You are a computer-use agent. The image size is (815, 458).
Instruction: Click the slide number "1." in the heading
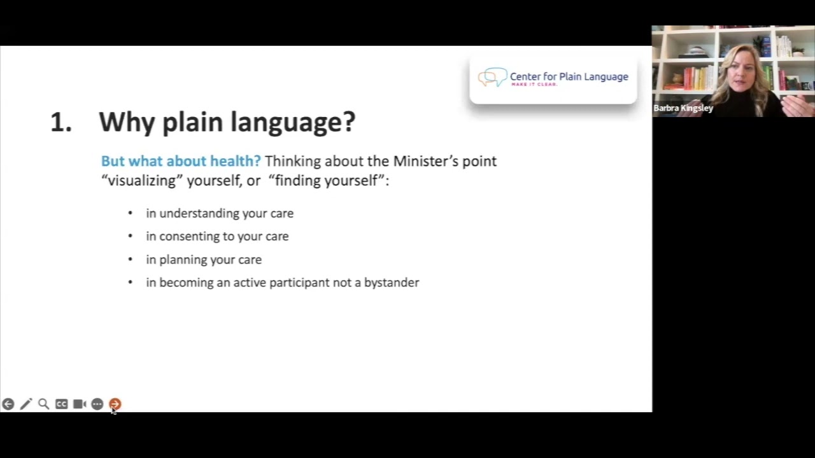(x=60, y=122)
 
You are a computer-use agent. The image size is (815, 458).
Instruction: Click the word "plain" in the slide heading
(x=193, y=122)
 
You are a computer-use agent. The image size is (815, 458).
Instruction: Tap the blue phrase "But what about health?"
(x=181, y=161)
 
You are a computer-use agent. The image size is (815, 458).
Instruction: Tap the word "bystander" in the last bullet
(x=391, y=282)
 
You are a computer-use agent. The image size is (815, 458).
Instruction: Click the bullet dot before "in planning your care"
(x=131, y=260)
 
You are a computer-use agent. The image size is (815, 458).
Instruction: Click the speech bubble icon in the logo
(x=492, y=77)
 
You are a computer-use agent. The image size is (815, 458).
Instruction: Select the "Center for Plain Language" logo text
(x=569, y=76)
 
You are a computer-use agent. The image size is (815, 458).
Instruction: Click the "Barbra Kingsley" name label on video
(x=683, y=108)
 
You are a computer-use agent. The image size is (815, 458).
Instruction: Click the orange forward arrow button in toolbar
(x=115, y=404)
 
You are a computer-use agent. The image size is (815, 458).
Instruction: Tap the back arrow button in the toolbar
(x=8, y=404)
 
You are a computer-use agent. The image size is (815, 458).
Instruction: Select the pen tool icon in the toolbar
(x=25, y=404)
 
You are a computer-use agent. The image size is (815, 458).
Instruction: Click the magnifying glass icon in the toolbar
(x=43, y=404)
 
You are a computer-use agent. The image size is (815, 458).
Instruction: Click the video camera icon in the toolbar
(x=79, y=404)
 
